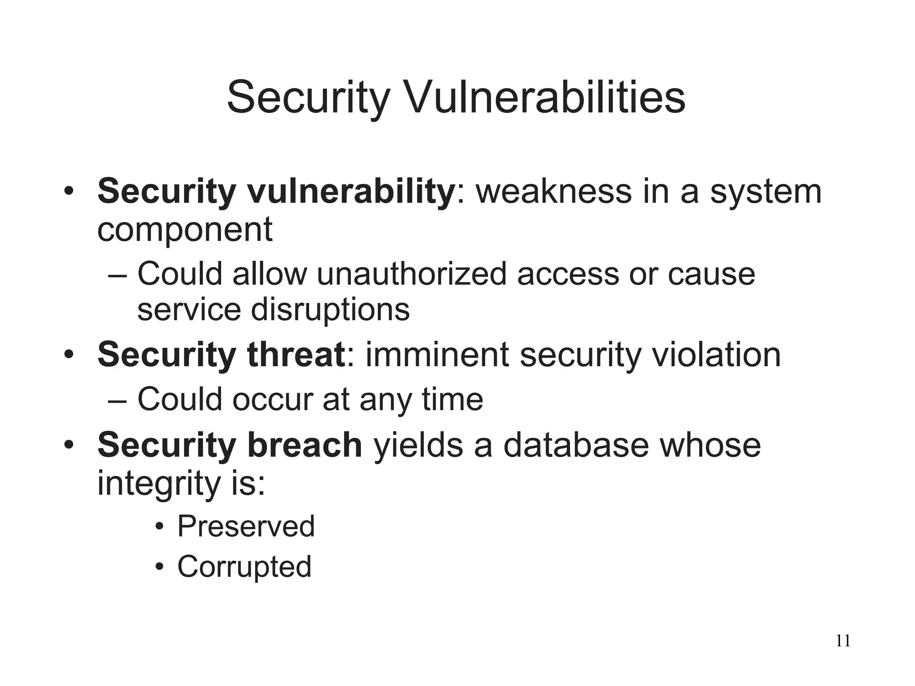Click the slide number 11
click(843, 640)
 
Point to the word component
click(185, 230)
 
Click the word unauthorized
click(411, 274)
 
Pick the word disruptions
click(330, 310)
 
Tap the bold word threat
click(296, 355)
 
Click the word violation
click(716, 355)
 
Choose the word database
click(575, 445)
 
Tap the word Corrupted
click(244, 566)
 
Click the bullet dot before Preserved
click(159, 527)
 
